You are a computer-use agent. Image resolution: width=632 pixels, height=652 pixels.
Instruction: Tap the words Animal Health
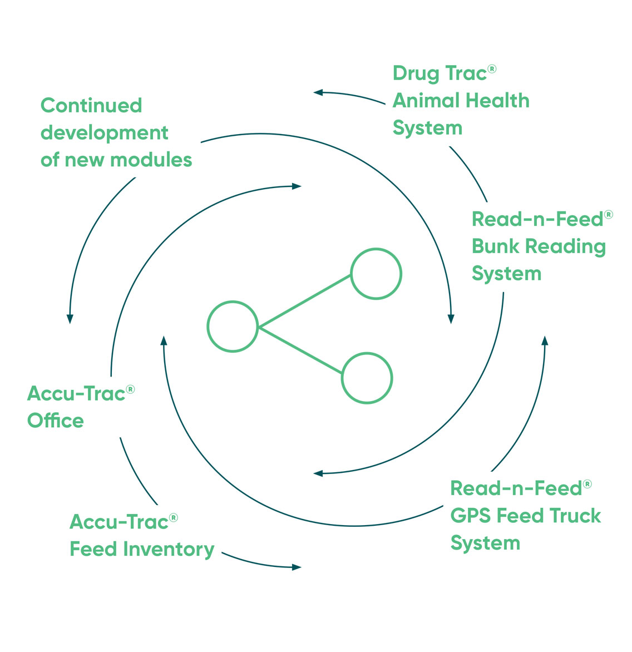tap(461, 101)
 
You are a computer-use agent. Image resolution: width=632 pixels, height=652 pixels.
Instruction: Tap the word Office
tap(56, 421)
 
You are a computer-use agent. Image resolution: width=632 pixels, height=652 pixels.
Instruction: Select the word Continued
tap(91, 105)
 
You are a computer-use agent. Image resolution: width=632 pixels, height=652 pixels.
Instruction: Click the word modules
tap(151, 160)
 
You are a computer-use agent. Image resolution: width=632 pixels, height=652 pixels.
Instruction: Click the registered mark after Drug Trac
tap(492, 68)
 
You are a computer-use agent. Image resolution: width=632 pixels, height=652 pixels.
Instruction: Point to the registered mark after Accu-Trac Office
tap(131, 389)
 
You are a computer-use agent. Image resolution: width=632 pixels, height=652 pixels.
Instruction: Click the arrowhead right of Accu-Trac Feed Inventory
tap(297, 567)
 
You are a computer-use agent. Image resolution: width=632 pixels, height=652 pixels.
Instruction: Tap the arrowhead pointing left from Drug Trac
tap(318, 92)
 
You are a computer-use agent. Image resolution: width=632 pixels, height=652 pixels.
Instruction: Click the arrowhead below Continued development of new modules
tap(70, 319)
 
